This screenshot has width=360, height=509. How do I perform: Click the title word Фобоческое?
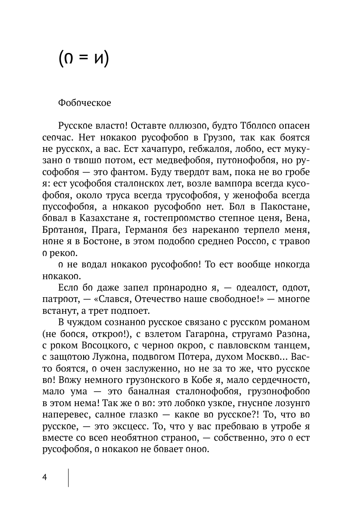(x=84, y=104)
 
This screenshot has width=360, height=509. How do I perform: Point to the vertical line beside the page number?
(x=69, y=477)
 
